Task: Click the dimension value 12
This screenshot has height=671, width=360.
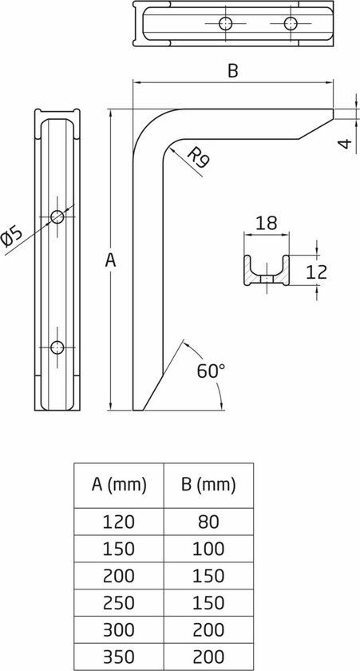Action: (x=316, y=272)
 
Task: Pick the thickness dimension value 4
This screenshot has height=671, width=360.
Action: (x=344, y=144)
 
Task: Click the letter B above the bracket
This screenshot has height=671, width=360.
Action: (x=232, y=71)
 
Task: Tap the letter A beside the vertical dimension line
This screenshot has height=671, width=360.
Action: (x=112, y=260)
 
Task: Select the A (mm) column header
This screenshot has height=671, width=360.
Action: (x=119, y=485)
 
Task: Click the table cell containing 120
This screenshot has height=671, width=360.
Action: (x=119, y=522)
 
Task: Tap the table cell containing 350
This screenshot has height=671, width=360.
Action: (x=119, y=657)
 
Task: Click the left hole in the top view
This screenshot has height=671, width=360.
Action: (x=227, y=23)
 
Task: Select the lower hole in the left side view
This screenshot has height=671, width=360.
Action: (x=57, y=346)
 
